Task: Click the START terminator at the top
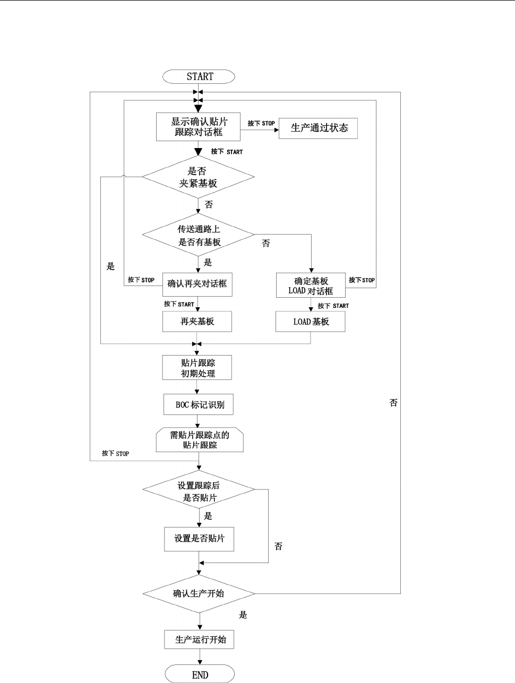(x=199, y=76)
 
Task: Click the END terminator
(x=200, y=675)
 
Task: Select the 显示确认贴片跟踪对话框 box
(x=198, y=127)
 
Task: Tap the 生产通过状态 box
(x=318, y=128)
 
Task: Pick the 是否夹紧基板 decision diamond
(x=198, y=177)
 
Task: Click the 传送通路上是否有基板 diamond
(x=198, y=235)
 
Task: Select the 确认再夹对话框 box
(x=198, y=284)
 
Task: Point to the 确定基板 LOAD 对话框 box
(x=311, y=285)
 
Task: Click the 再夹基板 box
(x=197, y=322)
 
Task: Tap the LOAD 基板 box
(x=310, y=322)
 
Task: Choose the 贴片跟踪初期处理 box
(x=197, y=367)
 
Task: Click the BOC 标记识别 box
(x=199, y=404)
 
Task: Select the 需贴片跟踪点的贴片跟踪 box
(x=200, y=439)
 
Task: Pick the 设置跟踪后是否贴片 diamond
(x=199, y=489)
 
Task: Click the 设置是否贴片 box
(x=199, y=539)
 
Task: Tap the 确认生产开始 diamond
(x=199, y=594)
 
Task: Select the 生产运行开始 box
(x=199, y=639)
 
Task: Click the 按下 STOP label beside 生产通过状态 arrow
(x=261, y=123)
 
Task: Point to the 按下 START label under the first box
(x=227, y=152)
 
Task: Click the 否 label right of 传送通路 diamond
(x=266, y=244)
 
